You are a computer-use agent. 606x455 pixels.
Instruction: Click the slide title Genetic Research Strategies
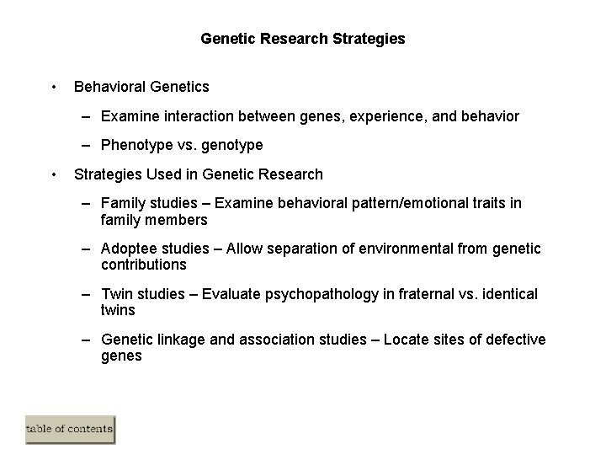pyautogui.click(x=303, y=39)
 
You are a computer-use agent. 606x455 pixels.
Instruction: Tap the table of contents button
pyautogui.click(x=70, y=429)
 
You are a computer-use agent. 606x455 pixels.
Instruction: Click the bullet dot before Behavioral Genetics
pyautogui.click(x=54, y=86)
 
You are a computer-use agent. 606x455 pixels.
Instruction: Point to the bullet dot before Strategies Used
pyautogui.click(x=54, y=174)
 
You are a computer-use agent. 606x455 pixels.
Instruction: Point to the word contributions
pyautogui.click(x=143, y=264)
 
